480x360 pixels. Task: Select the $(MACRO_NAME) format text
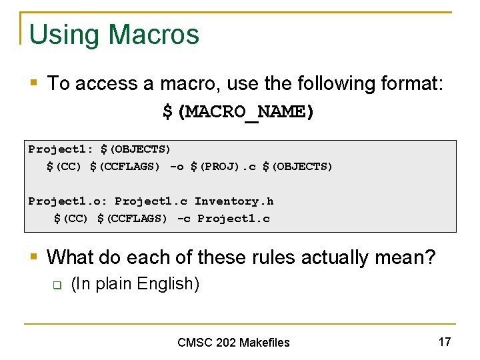(238, 111)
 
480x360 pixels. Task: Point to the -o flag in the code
(177, 166)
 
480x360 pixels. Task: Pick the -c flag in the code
(183, 218)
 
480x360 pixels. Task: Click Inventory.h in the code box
(234, 201)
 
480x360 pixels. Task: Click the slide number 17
(445, 342)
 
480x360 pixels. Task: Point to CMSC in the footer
(195, 343)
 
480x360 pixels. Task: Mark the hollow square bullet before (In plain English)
(57, 285)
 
